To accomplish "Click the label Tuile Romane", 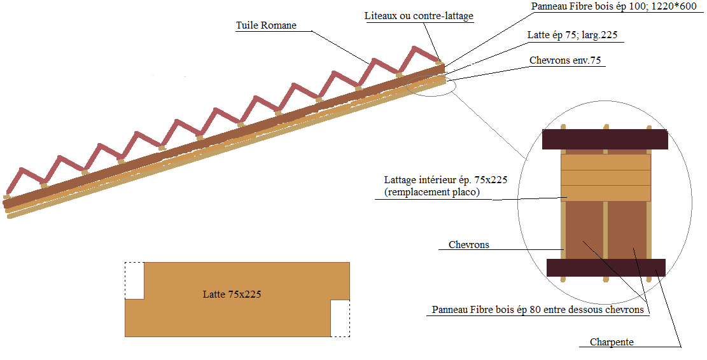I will (x=266, y=26).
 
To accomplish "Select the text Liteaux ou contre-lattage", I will (x=419, y=16).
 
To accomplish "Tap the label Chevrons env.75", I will (x=566, y=60).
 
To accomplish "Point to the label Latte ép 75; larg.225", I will (x=573, y=36).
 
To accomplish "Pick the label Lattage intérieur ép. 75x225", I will (x=445, y=180).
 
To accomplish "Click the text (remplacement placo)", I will (x=431, y=192).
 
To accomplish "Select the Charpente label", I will (x=612, y=342).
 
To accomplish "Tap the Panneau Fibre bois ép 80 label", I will (x=538, y=310).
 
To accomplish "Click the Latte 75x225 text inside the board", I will (x=232, y=294).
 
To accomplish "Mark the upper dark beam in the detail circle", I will (x=604, y=139).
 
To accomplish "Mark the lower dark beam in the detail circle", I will (x=606, y=267).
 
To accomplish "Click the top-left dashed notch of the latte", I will (x=134, y=280).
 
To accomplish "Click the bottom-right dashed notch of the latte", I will (x=340, y=318).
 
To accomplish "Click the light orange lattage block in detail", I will (x=605, y=177).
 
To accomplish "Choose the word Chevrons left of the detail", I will (x=468, y=245).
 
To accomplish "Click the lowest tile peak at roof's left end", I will (x=22, y=170).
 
